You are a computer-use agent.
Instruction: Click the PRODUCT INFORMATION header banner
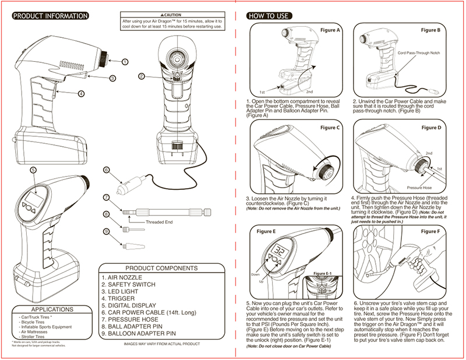click(50, 16)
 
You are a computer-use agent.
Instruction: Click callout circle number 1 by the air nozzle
click(125, 61)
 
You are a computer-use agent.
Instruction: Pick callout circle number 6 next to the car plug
click(106, 170)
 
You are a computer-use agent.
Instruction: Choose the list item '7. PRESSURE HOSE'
click(130, 320)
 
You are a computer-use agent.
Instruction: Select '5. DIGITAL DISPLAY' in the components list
click(129, 305)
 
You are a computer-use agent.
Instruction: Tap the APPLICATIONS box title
click(52, 309)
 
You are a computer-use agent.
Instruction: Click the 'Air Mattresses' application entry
click(34, 331)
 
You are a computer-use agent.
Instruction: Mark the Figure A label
click(331, 29)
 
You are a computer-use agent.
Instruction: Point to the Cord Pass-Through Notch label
click(421, 52)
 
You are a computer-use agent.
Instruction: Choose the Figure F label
click(430, 231)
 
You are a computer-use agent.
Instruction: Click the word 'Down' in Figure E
click(255, 273)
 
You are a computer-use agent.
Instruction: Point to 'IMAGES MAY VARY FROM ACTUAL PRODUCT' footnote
click(164, 344)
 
